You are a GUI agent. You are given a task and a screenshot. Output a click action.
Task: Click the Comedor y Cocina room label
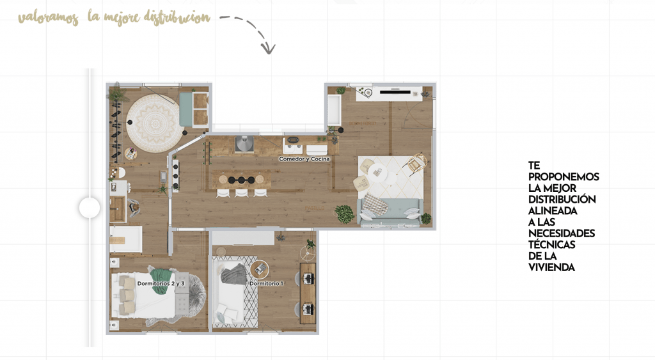click(304, 159)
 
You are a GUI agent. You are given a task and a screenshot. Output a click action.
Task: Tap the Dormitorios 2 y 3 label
click(161, 283)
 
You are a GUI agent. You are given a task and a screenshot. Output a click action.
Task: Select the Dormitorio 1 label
click(267, 283)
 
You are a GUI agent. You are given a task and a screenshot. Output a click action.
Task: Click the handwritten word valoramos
click(49, 19)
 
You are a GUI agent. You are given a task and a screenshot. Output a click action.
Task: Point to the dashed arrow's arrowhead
click(268, 49)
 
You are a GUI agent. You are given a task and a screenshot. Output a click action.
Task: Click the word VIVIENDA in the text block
click(552, 267)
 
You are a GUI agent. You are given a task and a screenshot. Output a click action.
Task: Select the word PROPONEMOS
click(564, 176)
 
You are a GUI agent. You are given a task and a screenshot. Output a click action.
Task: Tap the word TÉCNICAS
click(552, 244)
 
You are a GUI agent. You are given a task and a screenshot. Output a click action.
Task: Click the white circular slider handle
click(90, 208)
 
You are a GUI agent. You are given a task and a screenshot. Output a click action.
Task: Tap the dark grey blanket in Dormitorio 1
click(233, 274)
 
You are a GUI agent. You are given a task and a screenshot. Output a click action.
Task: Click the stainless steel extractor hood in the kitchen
click(244, 145)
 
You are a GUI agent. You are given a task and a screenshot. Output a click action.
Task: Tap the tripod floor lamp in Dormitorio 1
click(308, 253)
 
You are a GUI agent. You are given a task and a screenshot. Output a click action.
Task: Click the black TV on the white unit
click(394, 90)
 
